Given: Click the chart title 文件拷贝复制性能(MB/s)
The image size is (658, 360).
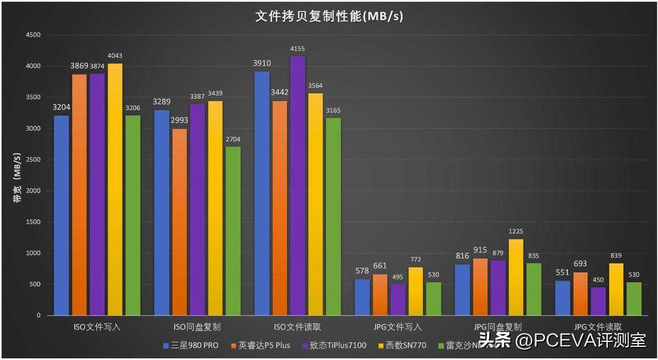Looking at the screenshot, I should click(329, 16).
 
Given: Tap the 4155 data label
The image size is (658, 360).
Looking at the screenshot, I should click(298, 49).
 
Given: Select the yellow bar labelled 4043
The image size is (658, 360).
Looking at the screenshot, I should click(115, 189).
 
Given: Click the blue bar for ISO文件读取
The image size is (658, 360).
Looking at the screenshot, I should click(262, 193).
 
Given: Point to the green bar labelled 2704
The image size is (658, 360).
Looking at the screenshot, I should click(232, 231).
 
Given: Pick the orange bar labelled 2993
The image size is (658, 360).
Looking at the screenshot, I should click(179, 222).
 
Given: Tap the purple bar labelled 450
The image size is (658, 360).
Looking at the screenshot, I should click(599, 301).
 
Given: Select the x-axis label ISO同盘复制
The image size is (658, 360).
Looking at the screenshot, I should click(197, 327).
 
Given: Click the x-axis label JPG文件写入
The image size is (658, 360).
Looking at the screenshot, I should click(398, 327).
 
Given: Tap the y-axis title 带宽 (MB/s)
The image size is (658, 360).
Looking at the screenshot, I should click(17, 175).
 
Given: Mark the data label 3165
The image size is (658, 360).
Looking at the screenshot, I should click(333, 111).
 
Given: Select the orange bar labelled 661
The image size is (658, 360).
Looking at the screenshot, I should click(380, 295).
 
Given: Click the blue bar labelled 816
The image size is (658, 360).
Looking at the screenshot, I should click(462, 290).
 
